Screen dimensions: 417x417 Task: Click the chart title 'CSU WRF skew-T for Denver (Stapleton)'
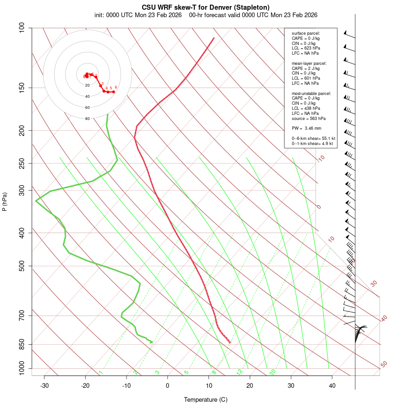tap(205, 7)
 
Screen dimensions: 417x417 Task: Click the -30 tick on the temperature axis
tap(44, 385)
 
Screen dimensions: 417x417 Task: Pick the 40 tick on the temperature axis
tap(332, 385)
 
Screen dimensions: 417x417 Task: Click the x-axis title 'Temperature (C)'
tap(206, 399)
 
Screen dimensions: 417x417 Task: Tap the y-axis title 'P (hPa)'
tap(5, 202)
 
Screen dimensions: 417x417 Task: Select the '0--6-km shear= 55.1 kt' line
tap(313, 139)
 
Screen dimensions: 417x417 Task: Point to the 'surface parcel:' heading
tap(306, 33)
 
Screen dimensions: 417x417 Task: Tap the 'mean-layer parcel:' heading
tap(309, 63)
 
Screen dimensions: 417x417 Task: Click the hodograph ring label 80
tap(87, 119)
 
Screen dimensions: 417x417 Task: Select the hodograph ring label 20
tap(87, 85)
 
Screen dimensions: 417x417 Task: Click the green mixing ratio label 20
tap(273, 372)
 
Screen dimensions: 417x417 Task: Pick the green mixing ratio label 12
tap(240, 372)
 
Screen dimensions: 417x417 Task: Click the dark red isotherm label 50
tap(384, 365)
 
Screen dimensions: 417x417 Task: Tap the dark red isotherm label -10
tap(321, 158)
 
